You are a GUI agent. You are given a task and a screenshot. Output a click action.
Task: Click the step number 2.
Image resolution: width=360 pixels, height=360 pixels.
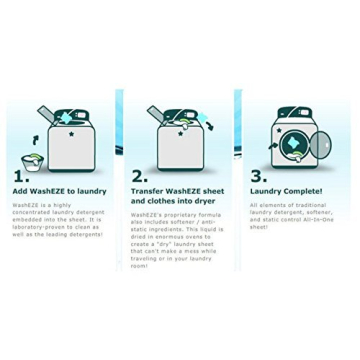pos(140,174)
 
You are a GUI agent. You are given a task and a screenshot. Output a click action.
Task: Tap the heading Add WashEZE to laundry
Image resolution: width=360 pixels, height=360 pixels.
pos(59,190)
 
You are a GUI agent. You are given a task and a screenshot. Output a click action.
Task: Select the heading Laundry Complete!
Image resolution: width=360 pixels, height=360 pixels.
pos(286,190)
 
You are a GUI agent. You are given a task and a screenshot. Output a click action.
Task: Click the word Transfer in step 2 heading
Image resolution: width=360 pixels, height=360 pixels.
pos(147,190)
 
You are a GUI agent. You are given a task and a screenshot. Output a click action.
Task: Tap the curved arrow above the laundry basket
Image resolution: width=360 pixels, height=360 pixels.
pos(36,141)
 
